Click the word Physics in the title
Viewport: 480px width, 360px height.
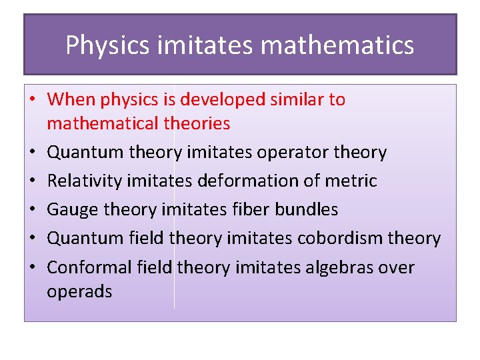click(x=107, y=45)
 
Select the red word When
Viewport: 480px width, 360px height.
click(x=72, y=100)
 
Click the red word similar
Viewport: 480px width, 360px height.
click(x=297, y=100)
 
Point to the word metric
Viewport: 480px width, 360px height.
click(x=354, y=181)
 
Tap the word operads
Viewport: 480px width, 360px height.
click(x=79, y=291)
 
